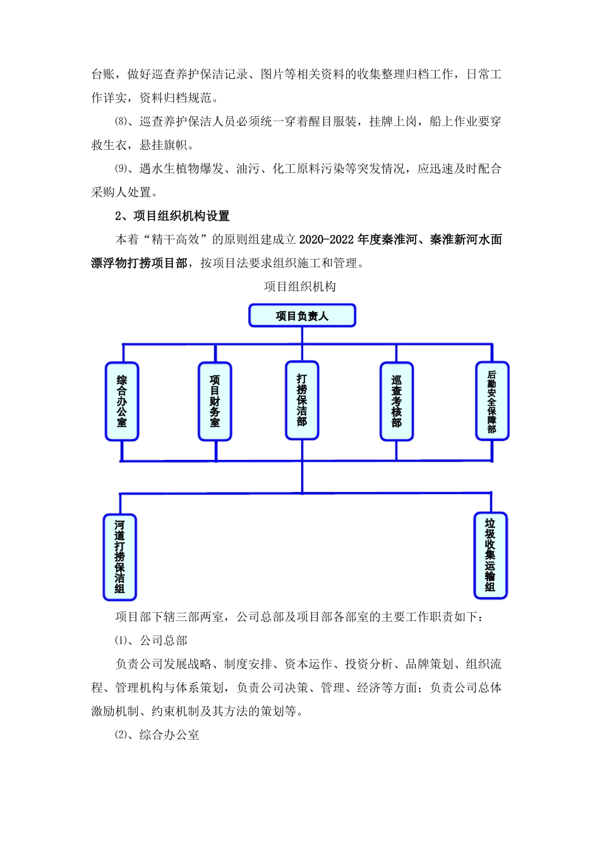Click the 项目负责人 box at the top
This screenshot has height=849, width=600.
coord(302,315)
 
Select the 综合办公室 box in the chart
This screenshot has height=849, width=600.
coord(122,401)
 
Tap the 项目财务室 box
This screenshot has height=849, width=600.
coord(215,401)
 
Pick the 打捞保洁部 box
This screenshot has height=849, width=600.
coord(302,400)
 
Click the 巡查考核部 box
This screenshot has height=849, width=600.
coord(396,401)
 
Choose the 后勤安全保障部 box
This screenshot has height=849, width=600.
coord(491,401)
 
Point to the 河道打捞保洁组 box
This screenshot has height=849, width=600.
coord(119,557)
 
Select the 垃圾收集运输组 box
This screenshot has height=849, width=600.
coord(490,555)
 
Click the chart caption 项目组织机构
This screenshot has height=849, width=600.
coord(300,287)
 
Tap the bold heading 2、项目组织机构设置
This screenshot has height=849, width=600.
coord(172,216)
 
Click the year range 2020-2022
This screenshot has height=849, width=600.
coord(327,239)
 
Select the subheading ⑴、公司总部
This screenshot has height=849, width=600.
coord(151,641)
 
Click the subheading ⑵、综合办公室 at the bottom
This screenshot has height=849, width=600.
coord(157,735)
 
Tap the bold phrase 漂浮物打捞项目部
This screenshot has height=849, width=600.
coord(139,263)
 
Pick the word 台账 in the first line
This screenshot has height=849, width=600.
coord(103,75)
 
